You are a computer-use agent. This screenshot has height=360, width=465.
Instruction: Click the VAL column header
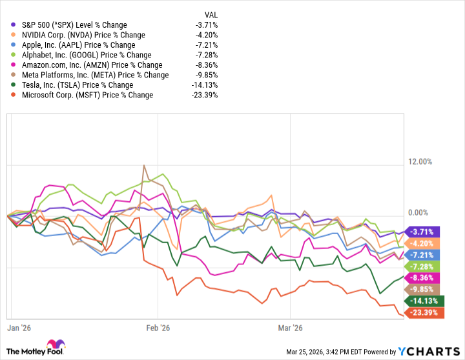211,13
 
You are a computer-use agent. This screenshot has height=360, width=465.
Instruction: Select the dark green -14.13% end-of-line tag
423,301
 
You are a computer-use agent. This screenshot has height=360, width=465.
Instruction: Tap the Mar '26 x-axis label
291,327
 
